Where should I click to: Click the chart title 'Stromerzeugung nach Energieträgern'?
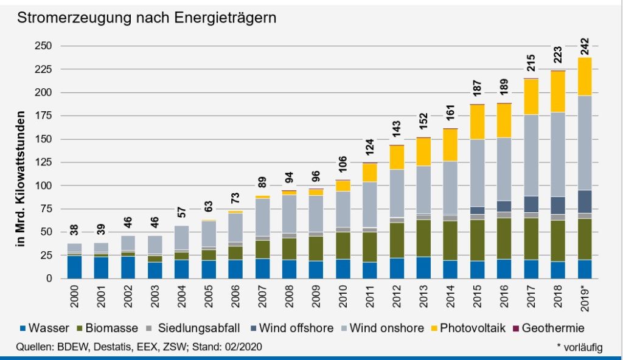point(147,18)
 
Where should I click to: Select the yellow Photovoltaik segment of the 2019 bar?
point(585,77)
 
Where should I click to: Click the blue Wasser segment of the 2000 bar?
point(74,267)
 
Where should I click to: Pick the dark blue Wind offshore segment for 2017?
point(531,204)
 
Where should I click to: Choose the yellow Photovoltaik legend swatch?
point(436,328)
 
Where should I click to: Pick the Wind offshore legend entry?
point(293,328)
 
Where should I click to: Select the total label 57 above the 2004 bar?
point(181,212)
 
